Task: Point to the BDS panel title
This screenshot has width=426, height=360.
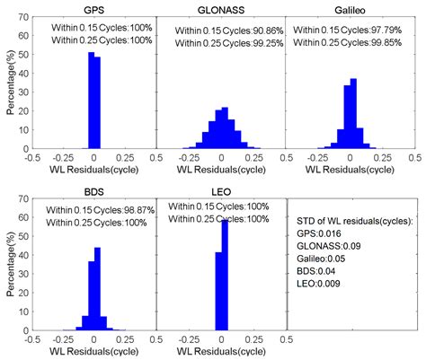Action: tap(93, 191)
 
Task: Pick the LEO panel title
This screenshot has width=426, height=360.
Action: tap(221, 191)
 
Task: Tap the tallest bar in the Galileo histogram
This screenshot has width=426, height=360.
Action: tap(353, 113)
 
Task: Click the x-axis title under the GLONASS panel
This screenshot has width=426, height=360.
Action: tap(221, 169)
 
